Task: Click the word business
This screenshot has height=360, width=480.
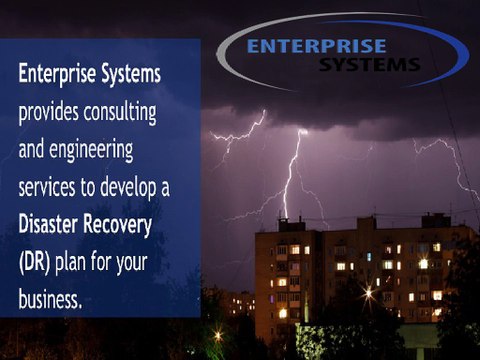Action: [x=51, y=297]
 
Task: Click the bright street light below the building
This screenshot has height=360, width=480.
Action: [x=369, y=293]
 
